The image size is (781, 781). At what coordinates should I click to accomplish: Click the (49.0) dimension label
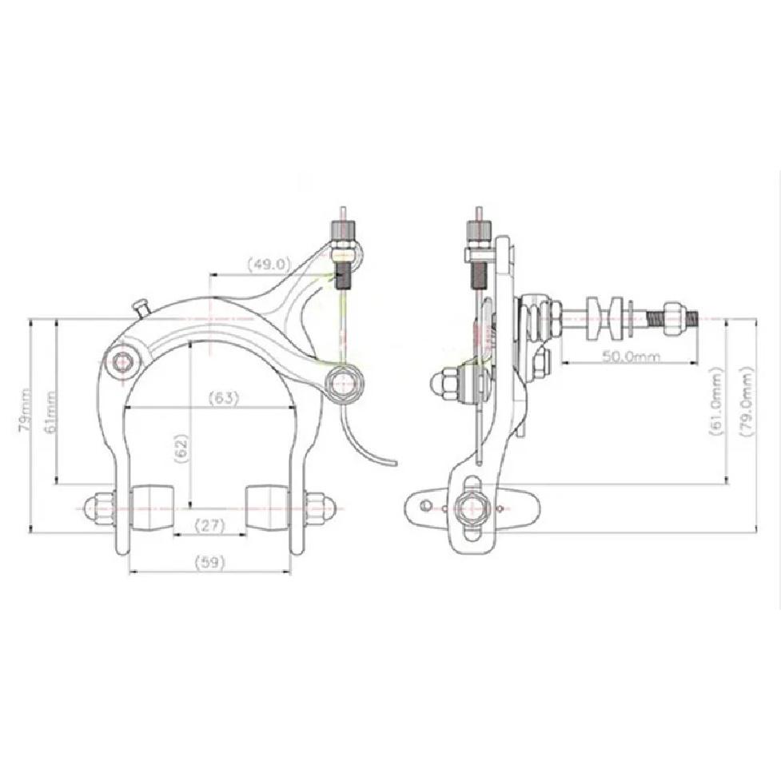[269, 264]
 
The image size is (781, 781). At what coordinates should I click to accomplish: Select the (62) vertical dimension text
[181, 449]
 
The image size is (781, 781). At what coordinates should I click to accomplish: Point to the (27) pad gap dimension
[209, 525]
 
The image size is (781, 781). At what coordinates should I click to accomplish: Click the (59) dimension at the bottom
[209, 562]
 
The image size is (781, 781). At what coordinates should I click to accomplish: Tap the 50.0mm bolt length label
[631, 357]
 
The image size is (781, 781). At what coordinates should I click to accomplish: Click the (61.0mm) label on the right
[716, 402]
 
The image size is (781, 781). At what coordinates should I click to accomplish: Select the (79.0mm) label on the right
[747, 402]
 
